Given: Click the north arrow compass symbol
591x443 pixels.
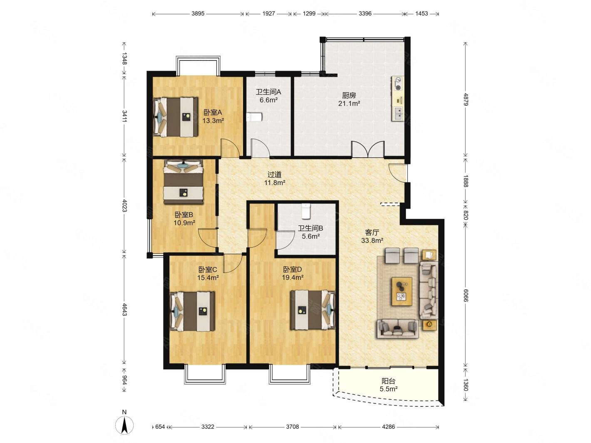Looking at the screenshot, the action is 124,425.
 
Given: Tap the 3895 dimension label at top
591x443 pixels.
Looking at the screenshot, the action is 198,13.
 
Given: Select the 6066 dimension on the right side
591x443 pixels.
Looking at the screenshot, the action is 466,295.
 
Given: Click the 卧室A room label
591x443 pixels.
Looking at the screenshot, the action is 212,112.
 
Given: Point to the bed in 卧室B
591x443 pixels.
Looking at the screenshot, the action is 183,181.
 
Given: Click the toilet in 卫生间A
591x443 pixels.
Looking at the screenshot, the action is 254,117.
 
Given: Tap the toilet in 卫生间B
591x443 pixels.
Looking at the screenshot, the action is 306,211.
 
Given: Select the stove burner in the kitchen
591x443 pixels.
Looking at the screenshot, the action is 398,83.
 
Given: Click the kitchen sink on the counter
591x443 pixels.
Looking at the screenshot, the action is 398,113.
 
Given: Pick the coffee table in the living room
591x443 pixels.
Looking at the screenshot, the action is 402,291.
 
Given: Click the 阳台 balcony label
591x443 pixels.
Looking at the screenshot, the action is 389,381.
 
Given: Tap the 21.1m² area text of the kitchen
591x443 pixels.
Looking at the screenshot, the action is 349,103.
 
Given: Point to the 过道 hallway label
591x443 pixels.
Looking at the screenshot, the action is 274,175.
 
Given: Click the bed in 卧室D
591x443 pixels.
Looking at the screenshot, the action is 313,309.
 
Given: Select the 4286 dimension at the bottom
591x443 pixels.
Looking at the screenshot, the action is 388,427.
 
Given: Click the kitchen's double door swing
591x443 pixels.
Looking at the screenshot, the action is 367,149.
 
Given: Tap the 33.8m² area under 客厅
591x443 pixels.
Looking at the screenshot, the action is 372,240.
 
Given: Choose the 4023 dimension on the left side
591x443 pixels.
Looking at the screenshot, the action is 124,205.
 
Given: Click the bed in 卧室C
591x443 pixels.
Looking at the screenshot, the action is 192,311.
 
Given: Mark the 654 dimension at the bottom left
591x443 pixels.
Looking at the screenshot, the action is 160,427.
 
